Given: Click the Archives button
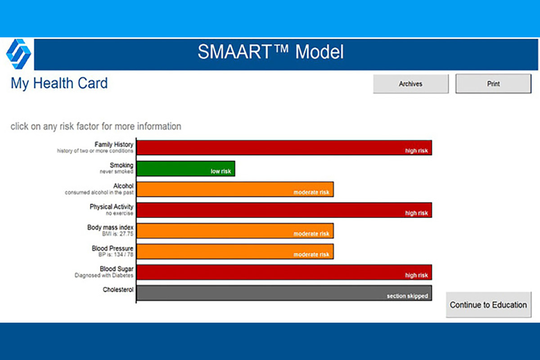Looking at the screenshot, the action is coord(411,84).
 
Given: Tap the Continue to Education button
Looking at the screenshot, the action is coord(488,305).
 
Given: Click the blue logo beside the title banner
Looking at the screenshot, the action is coord(18,54).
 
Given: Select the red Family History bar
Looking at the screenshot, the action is coord(284,148).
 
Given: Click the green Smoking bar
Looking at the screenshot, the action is coord(186,169).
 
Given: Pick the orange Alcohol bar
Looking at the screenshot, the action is coord(235,189).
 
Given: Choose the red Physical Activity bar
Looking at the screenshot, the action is coord(284,210).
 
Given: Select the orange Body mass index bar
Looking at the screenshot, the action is coord(235,231).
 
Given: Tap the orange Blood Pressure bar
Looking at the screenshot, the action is coord(235,252).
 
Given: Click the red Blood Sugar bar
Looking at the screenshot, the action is coord(284,272).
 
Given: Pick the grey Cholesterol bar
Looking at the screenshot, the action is coord(284,293).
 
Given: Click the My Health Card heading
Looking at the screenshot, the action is coord(59,83).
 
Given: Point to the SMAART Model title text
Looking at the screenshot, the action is coord(270,52).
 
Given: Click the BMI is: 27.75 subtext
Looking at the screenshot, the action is coord(117,234).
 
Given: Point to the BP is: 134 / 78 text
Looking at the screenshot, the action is coord(116,254).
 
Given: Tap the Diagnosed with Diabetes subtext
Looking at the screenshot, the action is coord(104,275).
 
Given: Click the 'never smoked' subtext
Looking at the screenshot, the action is coord(117,171).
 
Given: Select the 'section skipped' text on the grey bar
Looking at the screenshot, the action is coord(407,296).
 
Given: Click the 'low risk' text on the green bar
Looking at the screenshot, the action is coord(221,171).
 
